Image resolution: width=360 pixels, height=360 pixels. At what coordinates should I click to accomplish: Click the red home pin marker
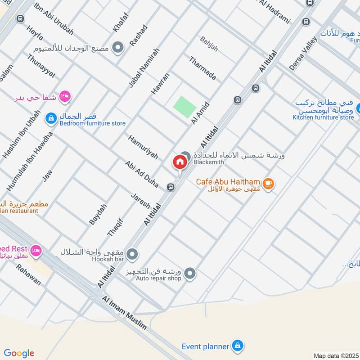tap(180, 162)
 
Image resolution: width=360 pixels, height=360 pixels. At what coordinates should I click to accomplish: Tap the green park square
tap(185, 107)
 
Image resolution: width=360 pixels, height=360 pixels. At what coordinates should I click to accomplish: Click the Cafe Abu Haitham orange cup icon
tap(269, 183)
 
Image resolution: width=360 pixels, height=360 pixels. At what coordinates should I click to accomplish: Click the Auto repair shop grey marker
tap(190, 273)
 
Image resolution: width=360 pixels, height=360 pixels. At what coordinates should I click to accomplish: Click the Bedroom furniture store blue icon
tap(51, 119)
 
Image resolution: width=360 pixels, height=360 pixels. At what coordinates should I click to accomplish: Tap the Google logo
tap(19, 353)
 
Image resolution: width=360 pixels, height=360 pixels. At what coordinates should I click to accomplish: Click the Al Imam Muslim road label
tap(124, 314)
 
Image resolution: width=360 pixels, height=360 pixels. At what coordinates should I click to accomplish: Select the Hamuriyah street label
tap(143, 147)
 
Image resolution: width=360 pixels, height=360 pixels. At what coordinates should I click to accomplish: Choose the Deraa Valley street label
tap(303, 53)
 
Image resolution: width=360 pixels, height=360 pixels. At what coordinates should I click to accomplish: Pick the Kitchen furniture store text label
tap(323, 117)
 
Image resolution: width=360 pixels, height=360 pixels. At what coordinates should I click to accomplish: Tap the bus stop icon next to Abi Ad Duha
tap(171, 187)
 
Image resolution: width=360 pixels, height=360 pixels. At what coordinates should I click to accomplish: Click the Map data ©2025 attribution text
tap(335, 355)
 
